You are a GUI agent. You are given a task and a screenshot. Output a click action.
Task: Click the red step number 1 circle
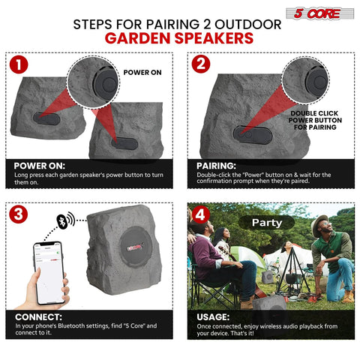18,65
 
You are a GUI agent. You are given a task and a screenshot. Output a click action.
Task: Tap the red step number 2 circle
199,65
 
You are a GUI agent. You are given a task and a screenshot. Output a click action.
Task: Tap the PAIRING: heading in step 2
215,166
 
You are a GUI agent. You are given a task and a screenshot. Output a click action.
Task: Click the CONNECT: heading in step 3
38,316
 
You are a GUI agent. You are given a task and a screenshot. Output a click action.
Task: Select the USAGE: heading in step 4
213,316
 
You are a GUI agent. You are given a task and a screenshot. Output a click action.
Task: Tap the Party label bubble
266,223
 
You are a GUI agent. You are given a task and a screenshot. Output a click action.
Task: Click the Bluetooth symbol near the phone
65,222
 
